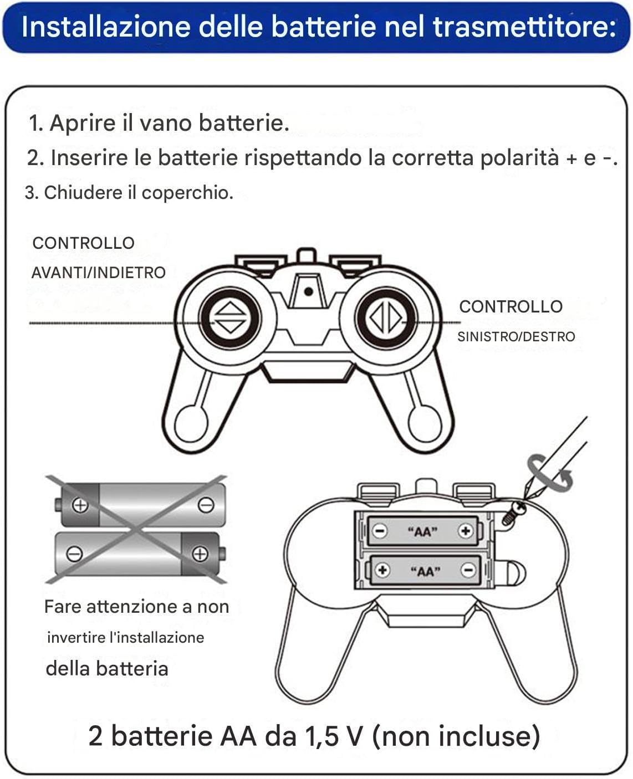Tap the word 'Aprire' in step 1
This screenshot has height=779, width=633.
tap(82, 122)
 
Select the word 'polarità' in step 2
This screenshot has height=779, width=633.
tap(519, 158)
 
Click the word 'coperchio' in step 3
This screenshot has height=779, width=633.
tap(187, 193)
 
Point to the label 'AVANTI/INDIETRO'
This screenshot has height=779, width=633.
tap(99, 273)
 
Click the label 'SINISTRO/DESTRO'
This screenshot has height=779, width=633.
tap(516, 337)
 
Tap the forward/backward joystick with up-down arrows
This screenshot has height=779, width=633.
tap(230, 318)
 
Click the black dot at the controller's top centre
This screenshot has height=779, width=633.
tap(308, 291)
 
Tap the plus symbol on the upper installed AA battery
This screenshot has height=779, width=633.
tap(466, 531)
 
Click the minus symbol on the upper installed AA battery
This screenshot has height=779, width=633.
tap(380, 531)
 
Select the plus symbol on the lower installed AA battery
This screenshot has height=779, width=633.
tap(382, 570)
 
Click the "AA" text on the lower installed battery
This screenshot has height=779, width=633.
tap(425, 571)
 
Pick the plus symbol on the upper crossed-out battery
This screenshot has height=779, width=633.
tap(80, 505)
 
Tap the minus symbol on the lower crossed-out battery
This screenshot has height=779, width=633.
tap(74, 553)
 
